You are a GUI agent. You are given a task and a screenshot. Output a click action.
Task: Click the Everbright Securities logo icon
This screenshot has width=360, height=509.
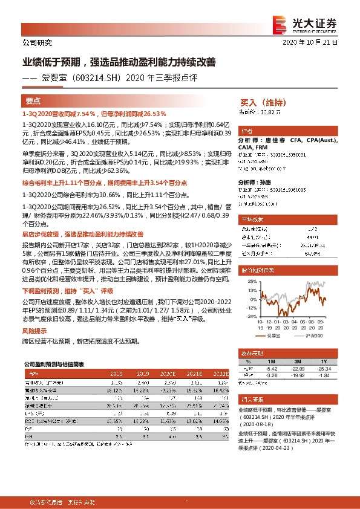279,22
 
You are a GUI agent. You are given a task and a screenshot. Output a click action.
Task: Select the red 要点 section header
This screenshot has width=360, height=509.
33,102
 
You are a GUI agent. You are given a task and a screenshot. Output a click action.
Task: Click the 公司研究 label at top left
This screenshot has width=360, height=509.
37,43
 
